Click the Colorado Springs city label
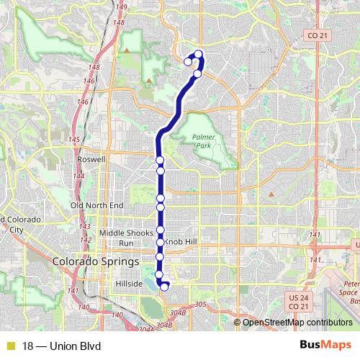tap(93, 261)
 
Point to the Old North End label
tap(96, 205)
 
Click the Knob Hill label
tap(179, 242)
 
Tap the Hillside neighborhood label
tap(130, 284)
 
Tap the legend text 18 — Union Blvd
tap(62, 346)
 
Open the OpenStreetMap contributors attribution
tap(297, 323)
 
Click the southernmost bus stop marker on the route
tap(164, 287)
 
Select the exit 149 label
tap(121, 7)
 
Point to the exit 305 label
tap(201, 305)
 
